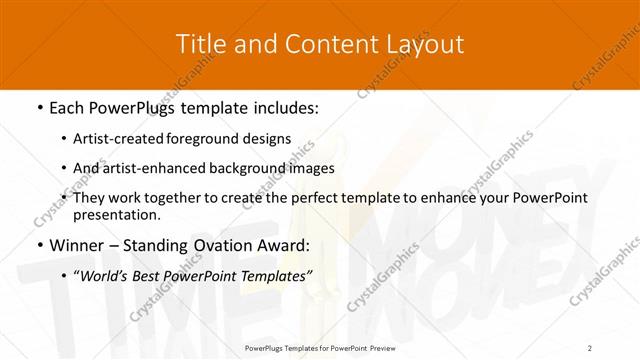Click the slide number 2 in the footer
(590, 347)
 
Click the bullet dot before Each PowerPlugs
(39, 106)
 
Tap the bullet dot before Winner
(39, 246)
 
